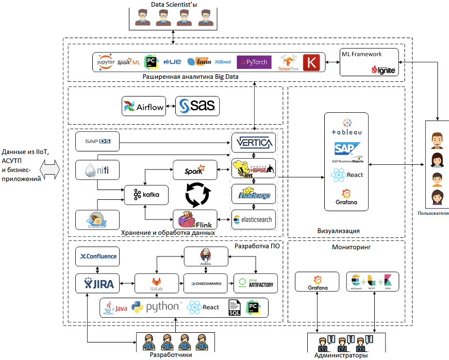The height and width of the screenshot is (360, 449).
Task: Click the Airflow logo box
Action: point(144,107)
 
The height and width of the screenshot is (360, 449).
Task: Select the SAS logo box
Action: point(197,107)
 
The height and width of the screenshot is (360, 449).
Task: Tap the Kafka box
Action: point(146,194)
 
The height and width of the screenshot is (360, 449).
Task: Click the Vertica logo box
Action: point(253,142)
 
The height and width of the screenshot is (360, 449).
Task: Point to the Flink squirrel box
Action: point(195,220)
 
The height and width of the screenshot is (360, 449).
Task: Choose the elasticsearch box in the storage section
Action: point(253,219)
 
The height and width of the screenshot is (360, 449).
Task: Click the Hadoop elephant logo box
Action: point(253,194)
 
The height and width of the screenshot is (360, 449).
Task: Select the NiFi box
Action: point(97,169)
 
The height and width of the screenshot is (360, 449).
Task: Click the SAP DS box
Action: point(97,140)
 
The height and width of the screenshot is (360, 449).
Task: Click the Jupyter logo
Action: point(106,62)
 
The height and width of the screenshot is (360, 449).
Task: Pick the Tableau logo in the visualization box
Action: point(346,127)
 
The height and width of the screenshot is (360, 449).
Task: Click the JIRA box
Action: point(97,283)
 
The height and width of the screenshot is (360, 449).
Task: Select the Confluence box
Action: point(97,256)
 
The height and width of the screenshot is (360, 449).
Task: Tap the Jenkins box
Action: point(206,256)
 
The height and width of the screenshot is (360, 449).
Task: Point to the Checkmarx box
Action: point(206,283)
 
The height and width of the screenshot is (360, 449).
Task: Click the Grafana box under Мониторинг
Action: point(317,282)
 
